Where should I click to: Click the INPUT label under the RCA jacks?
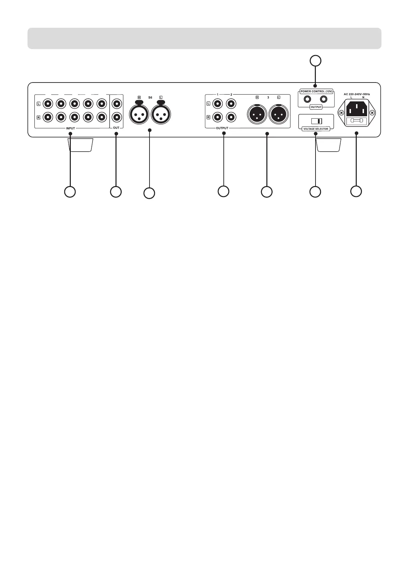coord(70,128)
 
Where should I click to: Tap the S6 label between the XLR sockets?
coord(150,97)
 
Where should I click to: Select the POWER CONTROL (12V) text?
coord(316,91)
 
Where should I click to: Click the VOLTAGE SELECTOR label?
coord(316,129)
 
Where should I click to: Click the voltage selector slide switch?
coord(316,121)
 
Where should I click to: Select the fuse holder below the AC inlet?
coord(356,120)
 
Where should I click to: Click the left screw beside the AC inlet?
coord(341,112)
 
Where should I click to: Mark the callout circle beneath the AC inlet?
coord(356,192)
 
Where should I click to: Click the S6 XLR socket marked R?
coord(139,113)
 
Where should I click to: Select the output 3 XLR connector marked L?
coord(279,114)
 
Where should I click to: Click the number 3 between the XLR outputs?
coord(268,97)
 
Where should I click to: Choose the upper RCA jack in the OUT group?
coord(116,103)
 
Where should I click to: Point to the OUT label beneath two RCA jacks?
coord(116,128)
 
